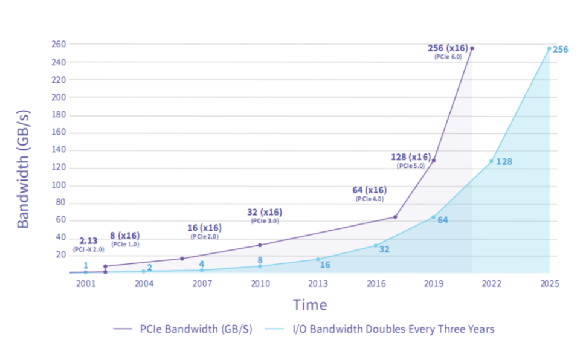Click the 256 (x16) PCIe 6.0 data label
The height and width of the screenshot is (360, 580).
pos(448,51)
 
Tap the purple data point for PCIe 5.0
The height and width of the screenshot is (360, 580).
pos(433,160)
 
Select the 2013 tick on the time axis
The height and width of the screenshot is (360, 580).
pos(318,284)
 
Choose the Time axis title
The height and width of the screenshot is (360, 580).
pos(310,304)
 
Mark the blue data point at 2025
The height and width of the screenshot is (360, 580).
pos(549,48)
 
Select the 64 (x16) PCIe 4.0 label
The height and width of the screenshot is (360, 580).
pos(370,193)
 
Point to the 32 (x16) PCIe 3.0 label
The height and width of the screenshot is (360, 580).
pos(265,216)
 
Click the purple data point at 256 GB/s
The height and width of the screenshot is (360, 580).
pos(472,48)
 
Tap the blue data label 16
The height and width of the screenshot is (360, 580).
pos(325,265)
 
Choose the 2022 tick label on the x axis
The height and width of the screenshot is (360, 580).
pos(491,284)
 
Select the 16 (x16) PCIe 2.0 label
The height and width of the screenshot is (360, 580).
pos(204,231)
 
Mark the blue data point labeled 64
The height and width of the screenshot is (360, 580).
pos(433,217)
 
